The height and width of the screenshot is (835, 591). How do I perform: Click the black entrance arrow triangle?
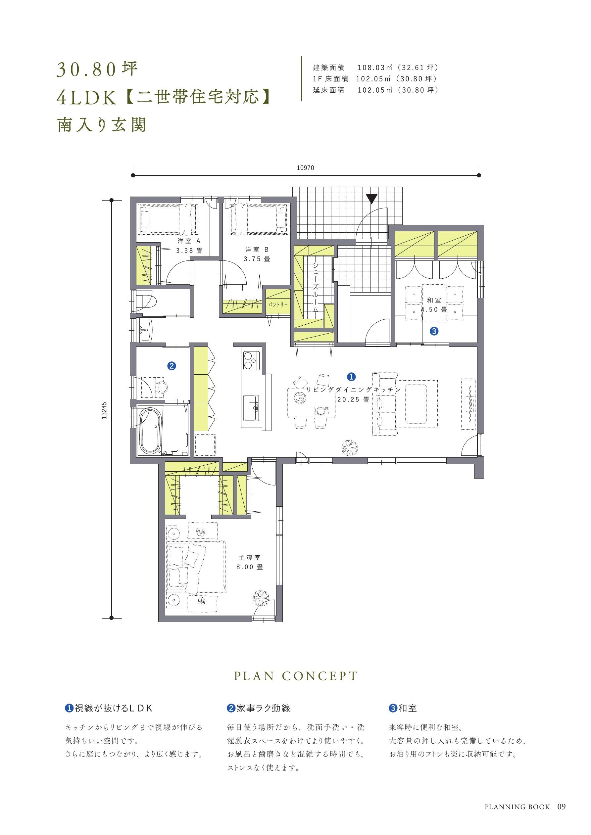[x=371, y=199]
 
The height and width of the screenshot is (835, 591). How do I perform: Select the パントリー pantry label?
[x=278, y=304]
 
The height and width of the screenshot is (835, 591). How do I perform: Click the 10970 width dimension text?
[x=305, y=168]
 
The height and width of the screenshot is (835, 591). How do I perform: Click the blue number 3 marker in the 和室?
[x=434, y=331]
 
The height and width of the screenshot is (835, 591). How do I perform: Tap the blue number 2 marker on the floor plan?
[x=172, y=366]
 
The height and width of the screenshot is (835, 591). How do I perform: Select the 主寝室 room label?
[x=250, y=558]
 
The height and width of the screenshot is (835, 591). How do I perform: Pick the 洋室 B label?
[x=257, y=250]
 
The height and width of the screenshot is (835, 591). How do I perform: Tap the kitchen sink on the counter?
[x=251, y=407]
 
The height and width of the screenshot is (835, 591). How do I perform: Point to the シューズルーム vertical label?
[x=316, y=287]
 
